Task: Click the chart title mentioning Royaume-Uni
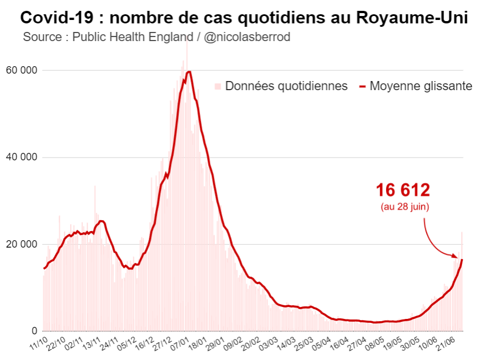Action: pyautogui.click(x=244, y=17)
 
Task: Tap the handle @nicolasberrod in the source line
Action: pyautogui.click(x=247, y=37)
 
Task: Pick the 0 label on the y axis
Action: pyautogui.click(x=35, y=331)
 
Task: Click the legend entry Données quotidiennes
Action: pyautogui.click(x=286, y=86)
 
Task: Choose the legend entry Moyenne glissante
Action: pyautogui.click(x=421, y=86)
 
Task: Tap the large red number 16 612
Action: pyautogui.click(x=403, y=191)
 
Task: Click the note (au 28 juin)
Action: pyautogui.click(x=405, y=207)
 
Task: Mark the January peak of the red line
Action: pyautogui.click(x=189, y=71)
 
